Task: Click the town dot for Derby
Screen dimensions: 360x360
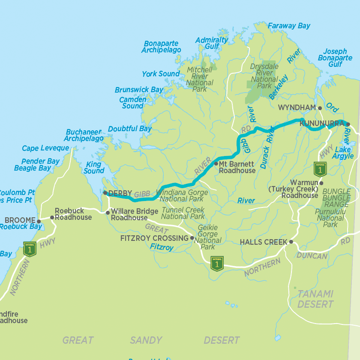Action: click(105, 193)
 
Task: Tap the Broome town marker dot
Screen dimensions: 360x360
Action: click(39, 221)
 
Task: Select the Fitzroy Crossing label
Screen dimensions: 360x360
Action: click(154, 238)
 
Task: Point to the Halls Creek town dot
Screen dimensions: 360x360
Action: click(291, 242)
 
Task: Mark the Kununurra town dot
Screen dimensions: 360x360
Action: click(348, 124)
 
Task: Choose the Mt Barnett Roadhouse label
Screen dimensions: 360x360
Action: click(237, 167)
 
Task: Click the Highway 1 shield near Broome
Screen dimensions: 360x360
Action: click(30, 249)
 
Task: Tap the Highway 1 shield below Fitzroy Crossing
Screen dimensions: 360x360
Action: click(217, 264)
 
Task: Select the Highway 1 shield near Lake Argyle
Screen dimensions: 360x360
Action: click(318, 169)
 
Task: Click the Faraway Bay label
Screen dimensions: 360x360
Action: click(289, 26)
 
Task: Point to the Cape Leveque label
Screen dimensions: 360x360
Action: click(45, 148)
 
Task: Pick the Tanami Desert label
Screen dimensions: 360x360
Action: click(315, 299)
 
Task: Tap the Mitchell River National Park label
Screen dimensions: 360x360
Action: click(200, 79)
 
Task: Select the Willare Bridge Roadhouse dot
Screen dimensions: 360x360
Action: click(108, 213)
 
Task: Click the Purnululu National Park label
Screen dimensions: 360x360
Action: click(330, 218)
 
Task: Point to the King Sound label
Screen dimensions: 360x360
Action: click(93, 168)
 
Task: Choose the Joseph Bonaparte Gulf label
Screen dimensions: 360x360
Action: click(335, 58)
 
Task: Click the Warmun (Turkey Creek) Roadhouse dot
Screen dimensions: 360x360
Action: click(321, 183)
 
